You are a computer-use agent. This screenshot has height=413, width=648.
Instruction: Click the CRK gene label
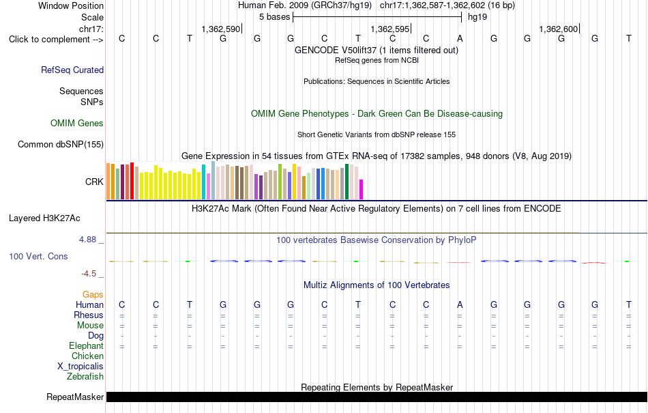point(94,182)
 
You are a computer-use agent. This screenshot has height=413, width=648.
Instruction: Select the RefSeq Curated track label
point(72,70)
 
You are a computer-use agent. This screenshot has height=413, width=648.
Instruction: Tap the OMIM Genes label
point(77,123)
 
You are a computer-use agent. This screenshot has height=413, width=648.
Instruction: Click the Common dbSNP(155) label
point(61,144)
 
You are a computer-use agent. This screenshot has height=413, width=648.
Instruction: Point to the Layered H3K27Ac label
point(44,218)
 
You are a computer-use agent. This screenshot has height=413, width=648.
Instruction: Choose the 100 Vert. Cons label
point(38,256)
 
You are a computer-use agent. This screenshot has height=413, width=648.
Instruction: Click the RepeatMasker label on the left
point(75,397)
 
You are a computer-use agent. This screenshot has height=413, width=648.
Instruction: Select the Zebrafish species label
point(85,377)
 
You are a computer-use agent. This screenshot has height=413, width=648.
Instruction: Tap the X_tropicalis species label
point(80,367)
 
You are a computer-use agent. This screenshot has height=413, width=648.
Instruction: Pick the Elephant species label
point(87,345)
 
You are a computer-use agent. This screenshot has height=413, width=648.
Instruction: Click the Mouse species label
point(90,326)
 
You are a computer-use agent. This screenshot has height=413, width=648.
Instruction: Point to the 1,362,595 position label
point(389,29)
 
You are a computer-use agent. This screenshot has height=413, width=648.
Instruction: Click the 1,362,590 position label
point(221,29)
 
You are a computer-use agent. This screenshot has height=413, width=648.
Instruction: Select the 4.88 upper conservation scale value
point(87,240)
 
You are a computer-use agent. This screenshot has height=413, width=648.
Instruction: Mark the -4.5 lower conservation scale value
point(89,274)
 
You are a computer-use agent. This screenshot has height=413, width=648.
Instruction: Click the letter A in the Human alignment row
point(460,304)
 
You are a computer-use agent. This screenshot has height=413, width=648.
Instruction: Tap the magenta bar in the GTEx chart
point(362,189)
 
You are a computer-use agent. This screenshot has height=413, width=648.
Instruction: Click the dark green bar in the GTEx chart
point(347,182)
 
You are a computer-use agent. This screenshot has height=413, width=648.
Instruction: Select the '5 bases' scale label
point(275,17)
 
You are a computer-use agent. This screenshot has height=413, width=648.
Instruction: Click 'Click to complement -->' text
point(56,40)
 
